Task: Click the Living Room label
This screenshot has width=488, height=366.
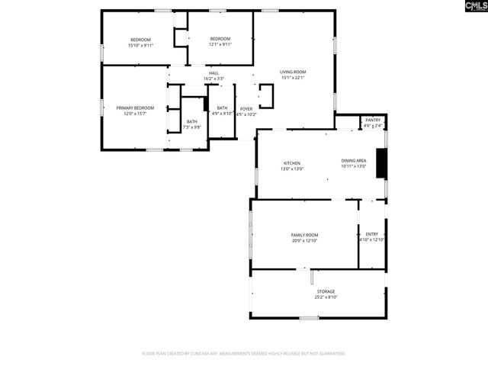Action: coord(293,72)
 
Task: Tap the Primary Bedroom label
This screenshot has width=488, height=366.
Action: coord(135,108)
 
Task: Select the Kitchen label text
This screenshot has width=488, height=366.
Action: coord(293,163)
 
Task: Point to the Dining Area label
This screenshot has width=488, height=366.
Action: coord(354,160)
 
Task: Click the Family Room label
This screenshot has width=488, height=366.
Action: coord(304,235)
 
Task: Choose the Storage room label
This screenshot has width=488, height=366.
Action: coord(326,291)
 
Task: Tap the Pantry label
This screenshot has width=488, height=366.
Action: coord(373,120)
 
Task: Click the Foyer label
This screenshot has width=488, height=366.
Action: coord(246,109)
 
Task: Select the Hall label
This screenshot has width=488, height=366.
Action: coord(213,72)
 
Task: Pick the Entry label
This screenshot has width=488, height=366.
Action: coord(372,234)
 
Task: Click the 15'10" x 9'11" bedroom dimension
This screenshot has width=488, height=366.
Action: coord(141,44)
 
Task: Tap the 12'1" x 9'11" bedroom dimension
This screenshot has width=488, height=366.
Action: coord(220,44)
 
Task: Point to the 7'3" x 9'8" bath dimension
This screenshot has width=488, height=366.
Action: coord(193,127)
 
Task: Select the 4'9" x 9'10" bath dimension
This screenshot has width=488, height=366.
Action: coord(222,114)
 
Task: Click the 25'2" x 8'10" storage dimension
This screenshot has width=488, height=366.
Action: coord(326,297)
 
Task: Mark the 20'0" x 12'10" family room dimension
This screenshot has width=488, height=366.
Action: coord(304,241)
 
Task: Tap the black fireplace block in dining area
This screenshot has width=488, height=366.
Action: coord(383,162)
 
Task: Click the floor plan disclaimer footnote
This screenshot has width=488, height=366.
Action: coord(244,354)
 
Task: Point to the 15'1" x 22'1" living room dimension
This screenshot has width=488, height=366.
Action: coord(293,77)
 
